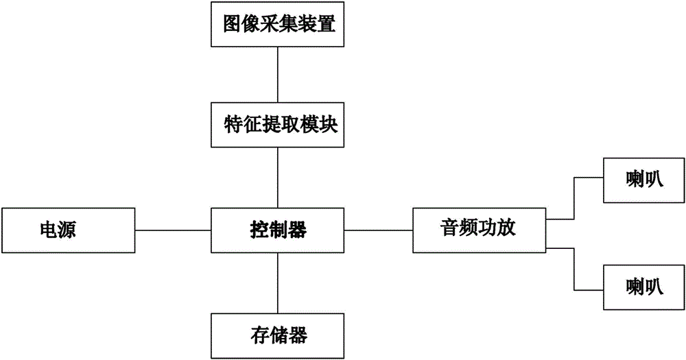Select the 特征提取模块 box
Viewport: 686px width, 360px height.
coord(278,125)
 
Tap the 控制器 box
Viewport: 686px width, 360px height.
coord(278,230)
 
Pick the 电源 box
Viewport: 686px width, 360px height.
coord(69,230)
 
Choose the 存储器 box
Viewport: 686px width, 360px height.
coord(278,335)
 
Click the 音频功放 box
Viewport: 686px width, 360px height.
coord(478,230)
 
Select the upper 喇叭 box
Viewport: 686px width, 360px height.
coord(643,181)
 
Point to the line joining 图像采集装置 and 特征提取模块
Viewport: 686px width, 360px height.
coord(278,75)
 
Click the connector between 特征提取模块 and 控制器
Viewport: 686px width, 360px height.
coord(278,178)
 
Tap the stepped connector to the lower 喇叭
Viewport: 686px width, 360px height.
coord(573,267)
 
